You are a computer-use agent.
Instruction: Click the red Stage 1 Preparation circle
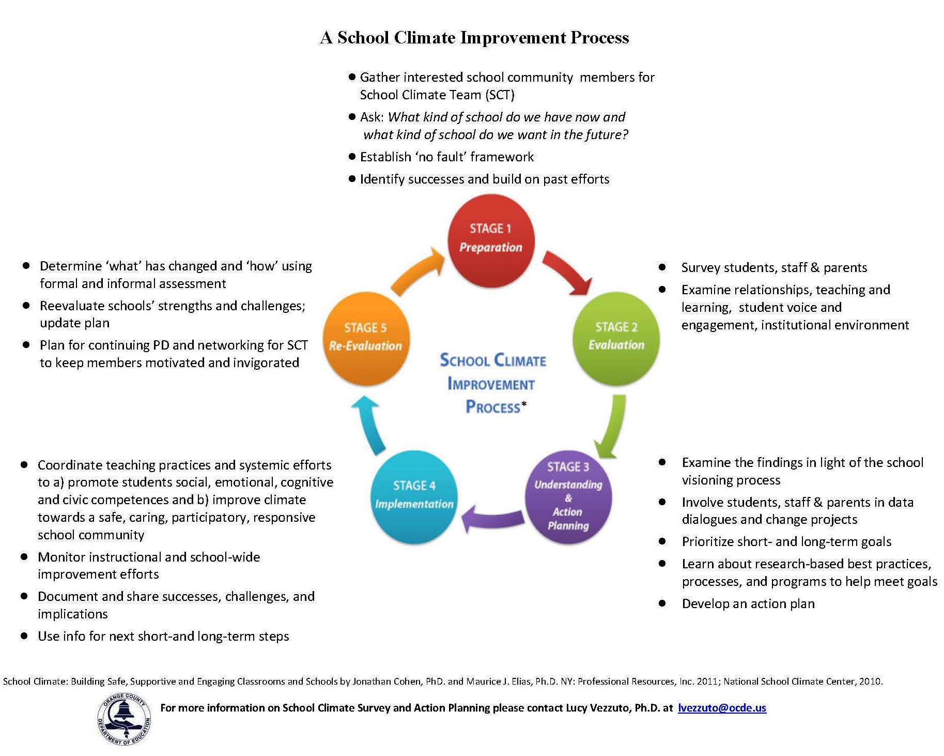pyautogui.click(x=490, y=238)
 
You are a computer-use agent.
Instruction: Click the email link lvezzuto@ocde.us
pyautogui.click(x=721, y=708)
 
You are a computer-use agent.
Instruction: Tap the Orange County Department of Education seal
pyautogui.click(x=124, y=719)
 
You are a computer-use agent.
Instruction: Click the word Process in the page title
pyautogui.click(x=600, y=38)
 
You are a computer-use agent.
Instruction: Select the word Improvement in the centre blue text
pyautogui.click(x=491, y=384)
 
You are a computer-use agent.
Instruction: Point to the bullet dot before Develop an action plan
pyautogui.click(x=662, y=603)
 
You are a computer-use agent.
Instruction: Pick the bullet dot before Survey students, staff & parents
pyautogui.click(x=662, y=267)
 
